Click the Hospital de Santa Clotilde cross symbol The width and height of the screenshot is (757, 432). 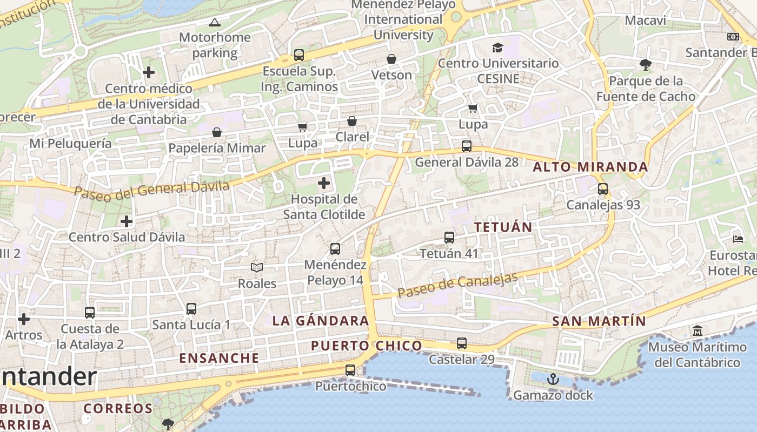coord(324,183)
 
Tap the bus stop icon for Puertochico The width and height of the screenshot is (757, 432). coord(350,370)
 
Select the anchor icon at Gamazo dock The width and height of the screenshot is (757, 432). coord(553,379)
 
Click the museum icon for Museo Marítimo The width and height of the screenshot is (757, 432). coord(698,330)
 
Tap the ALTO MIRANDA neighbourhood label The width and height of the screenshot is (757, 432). coord(590,166)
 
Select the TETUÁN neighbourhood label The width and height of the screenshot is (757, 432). coord(503,227)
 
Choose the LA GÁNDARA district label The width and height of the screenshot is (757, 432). coord(321,321)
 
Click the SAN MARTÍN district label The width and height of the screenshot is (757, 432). coord(599,321)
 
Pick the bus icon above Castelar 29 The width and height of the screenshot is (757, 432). coord(462,343)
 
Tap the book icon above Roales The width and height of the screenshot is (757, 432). coord(257,267)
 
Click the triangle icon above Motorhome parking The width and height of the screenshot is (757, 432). coord(215,22)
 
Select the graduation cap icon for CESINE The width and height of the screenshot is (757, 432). coord(497,48)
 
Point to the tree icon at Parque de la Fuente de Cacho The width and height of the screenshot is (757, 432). coord(645,65)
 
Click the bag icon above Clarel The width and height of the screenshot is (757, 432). coord(352,121)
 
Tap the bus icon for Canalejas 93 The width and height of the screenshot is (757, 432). coord(603,189)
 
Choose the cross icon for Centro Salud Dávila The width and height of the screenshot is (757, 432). coord(127,221)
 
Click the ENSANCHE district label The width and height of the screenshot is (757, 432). coord(219,358)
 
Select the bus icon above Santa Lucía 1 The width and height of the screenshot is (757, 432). coord(191,309)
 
